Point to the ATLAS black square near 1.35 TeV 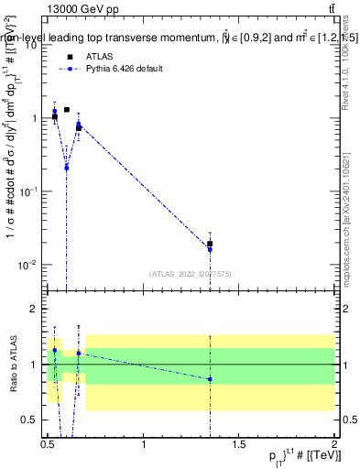point(210,244)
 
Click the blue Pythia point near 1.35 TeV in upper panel point(210,249)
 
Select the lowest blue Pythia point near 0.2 point(66,168)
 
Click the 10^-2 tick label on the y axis point(27,265)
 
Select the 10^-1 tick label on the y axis point(27,191)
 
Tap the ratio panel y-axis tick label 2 point(34,310)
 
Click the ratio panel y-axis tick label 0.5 point(30,420)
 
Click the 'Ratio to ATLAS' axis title point(13,365)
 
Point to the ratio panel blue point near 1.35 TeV point(210,378)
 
